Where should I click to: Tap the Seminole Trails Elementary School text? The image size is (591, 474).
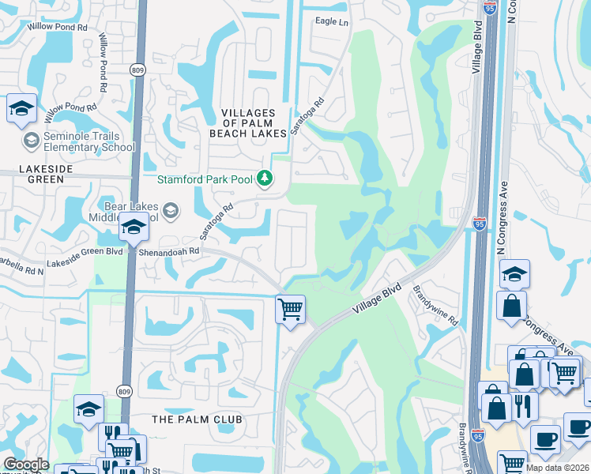[x=81, y=141]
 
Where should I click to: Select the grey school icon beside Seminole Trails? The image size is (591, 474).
[x=31, y=141]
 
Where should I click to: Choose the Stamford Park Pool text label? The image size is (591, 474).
[x=205, y=179]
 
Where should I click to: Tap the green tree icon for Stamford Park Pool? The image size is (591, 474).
[x=265, y=179]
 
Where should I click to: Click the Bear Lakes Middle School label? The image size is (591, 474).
[x=127, y=211]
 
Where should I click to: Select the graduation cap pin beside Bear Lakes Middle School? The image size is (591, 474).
[x=134, y=228]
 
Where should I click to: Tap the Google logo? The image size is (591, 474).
[x=26, y=465]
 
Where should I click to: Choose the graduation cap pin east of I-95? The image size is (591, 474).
[x=514, y=274]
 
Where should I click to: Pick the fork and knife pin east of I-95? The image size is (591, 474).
[x=523, y=405]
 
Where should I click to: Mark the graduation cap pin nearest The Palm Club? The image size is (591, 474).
[x=88, y=408]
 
